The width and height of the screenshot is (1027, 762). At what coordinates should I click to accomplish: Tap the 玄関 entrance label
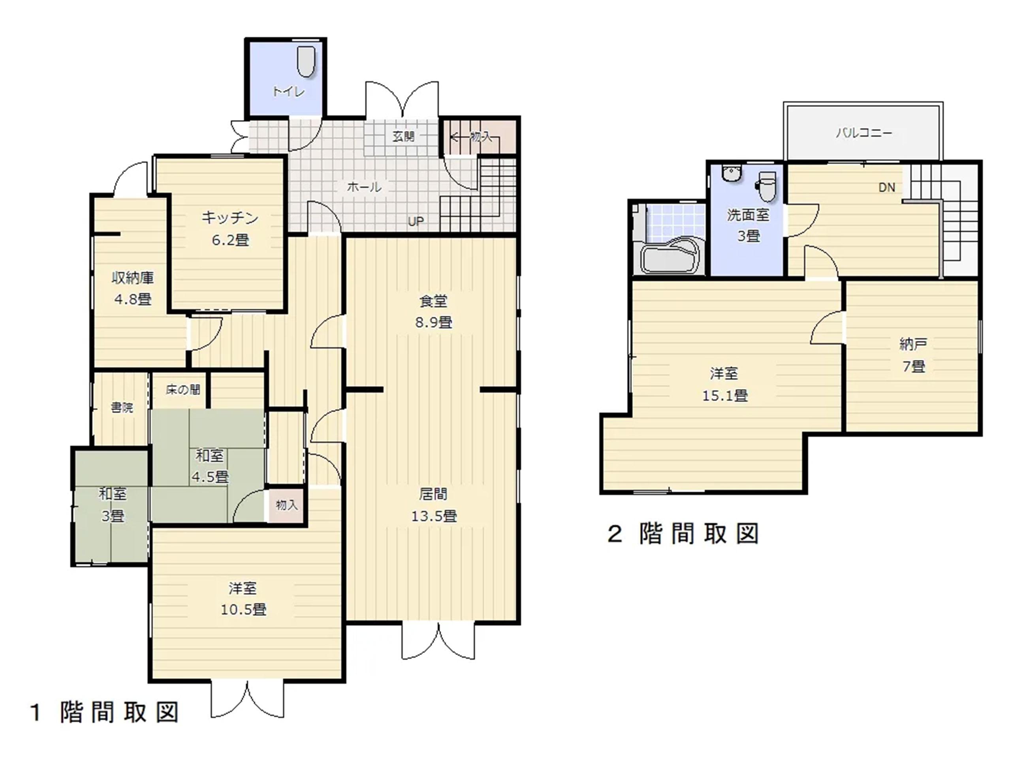coord(403,137)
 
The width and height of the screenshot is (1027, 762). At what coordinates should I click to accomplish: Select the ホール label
coord(364,187)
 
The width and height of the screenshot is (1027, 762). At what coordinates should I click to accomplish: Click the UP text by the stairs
coord(416,221)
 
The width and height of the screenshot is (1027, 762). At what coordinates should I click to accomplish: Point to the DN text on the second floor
coord(887,188)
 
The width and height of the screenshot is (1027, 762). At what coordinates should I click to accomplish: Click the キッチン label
coord(230,218)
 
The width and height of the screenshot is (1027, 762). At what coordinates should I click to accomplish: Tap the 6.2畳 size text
coord(230,240)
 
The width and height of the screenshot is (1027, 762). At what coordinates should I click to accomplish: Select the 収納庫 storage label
coord(133,278)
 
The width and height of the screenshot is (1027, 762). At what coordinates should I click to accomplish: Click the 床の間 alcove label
coord(183,390)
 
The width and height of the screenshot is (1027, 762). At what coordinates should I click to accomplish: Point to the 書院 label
coord(122,408)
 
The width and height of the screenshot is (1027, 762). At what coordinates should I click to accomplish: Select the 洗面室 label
coord(748,215)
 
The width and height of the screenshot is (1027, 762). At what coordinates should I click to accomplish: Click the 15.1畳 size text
coord(725,396)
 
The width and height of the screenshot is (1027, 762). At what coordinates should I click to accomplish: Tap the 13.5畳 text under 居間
coord(434,516)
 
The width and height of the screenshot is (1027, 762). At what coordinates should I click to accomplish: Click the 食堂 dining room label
coord(433,301)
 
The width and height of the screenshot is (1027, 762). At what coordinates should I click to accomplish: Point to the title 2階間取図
coord(683,534)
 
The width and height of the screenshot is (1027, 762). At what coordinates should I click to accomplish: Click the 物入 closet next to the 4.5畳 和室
coord(286,505)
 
